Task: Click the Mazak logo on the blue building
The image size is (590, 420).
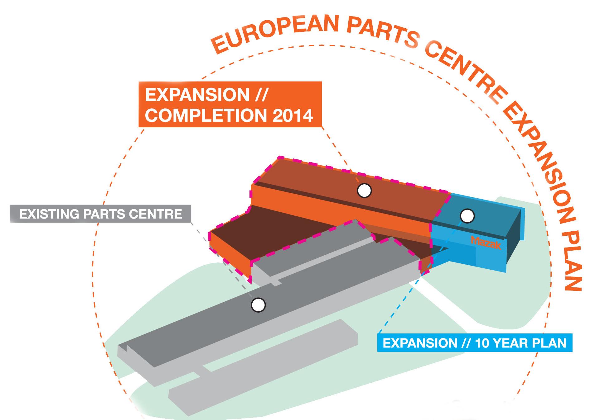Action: tap(486, 243)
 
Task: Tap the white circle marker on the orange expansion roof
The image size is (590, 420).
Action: tap(364, 191)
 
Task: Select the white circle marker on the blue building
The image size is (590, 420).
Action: tap(467, 216)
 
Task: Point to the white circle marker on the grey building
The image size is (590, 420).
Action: tap(258, 305)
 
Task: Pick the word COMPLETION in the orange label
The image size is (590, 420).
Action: tap(206, 116)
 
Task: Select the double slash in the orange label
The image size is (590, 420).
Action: tap(261, 95)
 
